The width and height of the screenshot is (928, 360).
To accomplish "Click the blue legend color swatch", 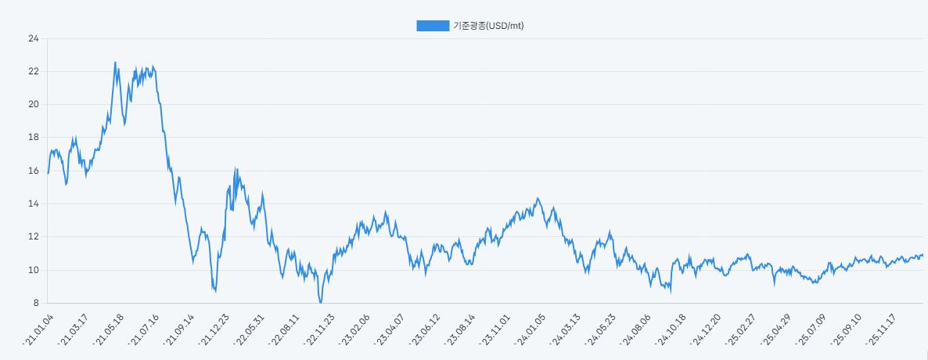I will (x=433, y=26).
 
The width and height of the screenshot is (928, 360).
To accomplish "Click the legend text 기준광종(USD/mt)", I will (x=488, y=26).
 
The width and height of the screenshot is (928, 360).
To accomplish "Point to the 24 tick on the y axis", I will (x=33, y=38).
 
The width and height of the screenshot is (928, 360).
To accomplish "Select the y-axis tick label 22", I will (x=33, y=71).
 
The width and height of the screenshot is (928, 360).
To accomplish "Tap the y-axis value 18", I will (x=33, y=137).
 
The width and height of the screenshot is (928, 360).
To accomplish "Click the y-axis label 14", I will (x=33, y=203).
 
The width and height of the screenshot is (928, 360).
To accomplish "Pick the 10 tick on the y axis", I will (x=33, y=270).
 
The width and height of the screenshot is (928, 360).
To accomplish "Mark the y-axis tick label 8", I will (x=35, y=303).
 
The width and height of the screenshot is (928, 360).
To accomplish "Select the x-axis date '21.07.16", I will (x=145, y=329).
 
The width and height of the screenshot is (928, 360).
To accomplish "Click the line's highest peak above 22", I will (x=115, y=63).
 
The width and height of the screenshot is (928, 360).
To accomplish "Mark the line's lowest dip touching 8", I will (x=320, y=302).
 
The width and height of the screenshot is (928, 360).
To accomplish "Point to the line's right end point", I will (x=923, y=255).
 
